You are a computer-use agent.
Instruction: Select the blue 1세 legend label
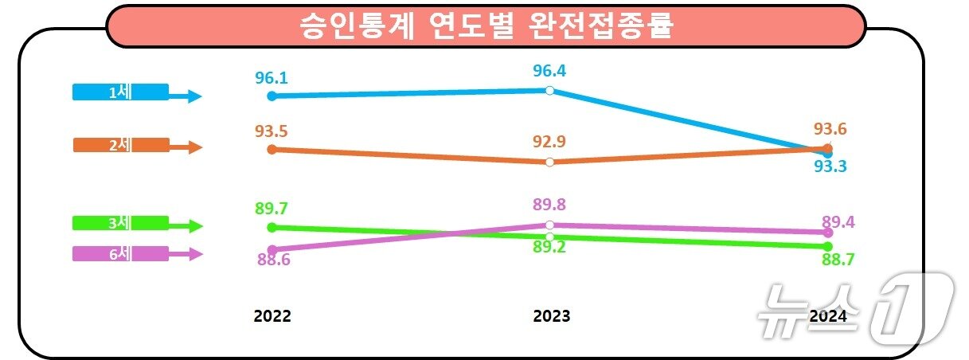120,92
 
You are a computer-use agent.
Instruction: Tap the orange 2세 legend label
120,145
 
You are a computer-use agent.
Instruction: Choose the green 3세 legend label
120,223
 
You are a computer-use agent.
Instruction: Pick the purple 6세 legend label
120,253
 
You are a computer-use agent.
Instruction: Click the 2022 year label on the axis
272,316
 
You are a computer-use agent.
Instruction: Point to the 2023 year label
551,316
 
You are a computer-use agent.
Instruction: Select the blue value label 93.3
829,166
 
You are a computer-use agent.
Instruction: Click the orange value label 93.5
272,131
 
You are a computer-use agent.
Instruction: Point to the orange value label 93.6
830,129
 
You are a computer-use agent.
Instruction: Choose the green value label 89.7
272,209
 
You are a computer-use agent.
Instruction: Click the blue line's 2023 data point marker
549,91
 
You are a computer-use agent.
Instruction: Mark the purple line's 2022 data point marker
272,250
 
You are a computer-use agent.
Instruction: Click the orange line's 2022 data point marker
272,149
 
